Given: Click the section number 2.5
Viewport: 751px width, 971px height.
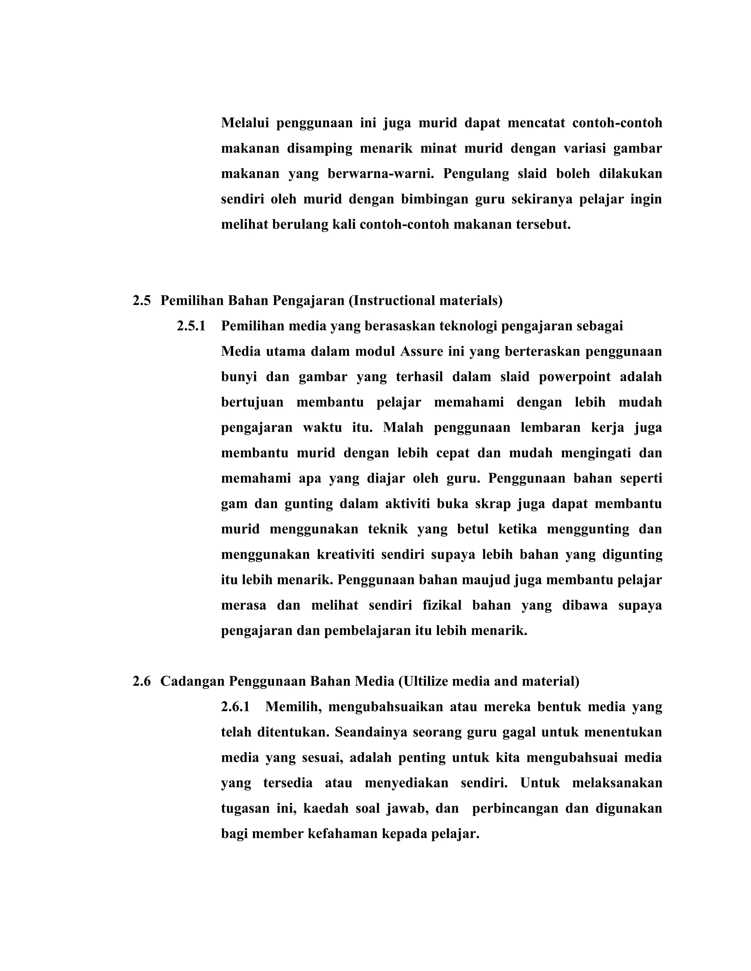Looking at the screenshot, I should (142, 300).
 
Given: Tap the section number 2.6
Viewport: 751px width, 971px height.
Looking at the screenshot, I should (142, 681).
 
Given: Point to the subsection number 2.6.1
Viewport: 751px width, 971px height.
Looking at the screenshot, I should (235, 706).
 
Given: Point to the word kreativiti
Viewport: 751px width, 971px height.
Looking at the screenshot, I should (345, 554).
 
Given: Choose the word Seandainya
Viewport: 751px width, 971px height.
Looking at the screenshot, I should (371, 732).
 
